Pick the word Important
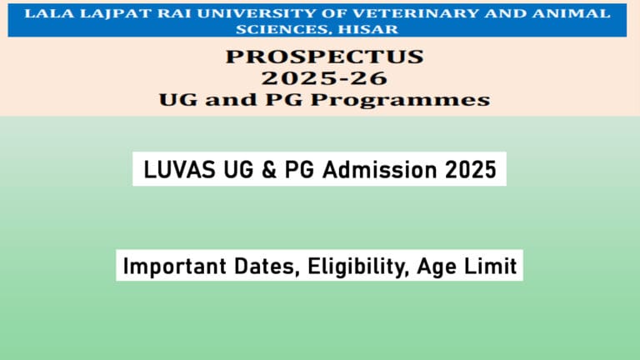tap(172, 267)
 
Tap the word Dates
tap(262, 267)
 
